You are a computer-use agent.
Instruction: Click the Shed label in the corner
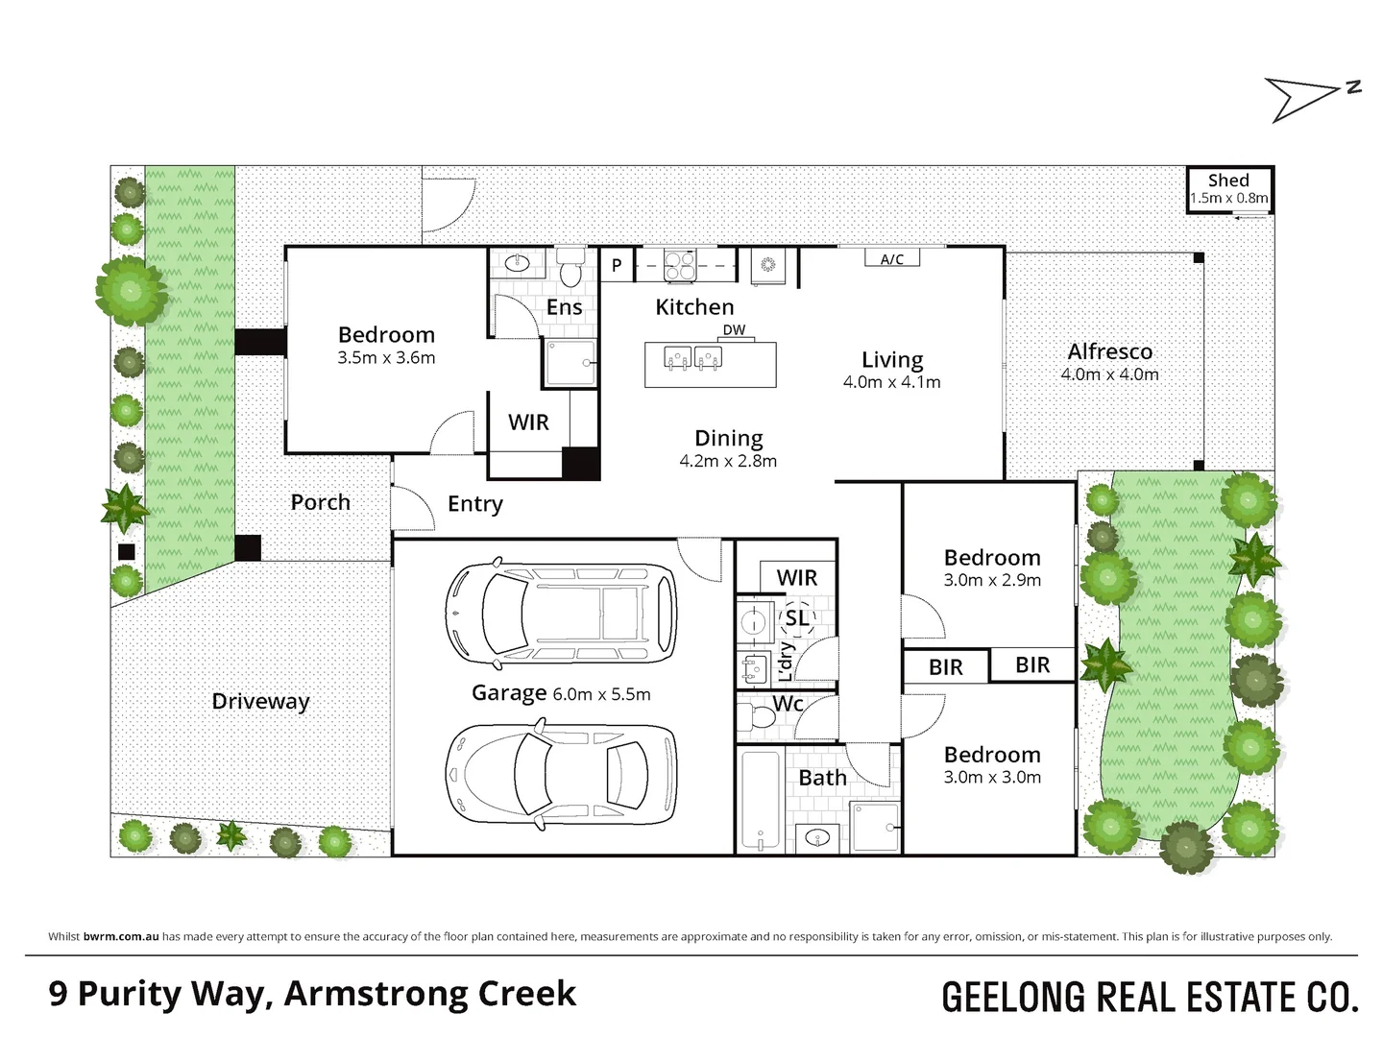coord(1228,181)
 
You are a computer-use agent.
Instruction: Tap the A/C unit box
coord(891,257)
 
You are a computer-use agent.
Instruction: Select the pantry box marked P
coord(617,264)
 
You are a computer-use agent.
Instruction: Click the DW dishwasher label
coord(734,329)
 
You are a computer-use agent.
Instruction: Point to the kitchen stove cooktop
coord(680,265)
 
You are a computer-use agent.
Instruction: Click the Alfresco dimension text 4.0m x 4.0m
coord(1109,374)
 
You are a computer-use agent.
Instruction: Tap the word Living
coord(892,359)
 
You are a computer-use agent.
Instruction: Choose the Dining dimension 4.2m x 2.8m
coord(728,461)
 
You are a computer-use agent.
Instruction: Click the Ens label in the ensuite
coord(564,306)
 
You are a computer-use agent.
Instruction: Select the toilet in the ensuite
coord(570,267)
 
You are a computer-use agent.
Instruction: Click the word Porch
coord(320,502)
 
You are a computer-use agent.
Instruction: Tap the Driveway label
coord(260,701)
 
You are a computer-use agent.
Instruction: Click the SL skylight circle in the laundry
coord(796,617)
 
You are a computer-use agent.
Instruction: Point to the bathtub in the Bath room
coord(761,800)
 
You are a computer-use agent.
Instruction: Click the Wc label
coord(788,703)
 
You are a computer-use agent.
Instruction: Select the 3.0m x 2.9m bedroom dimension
coord(992,580)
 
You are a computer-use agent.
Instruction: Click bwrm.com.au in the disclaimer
coord(121,936)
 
